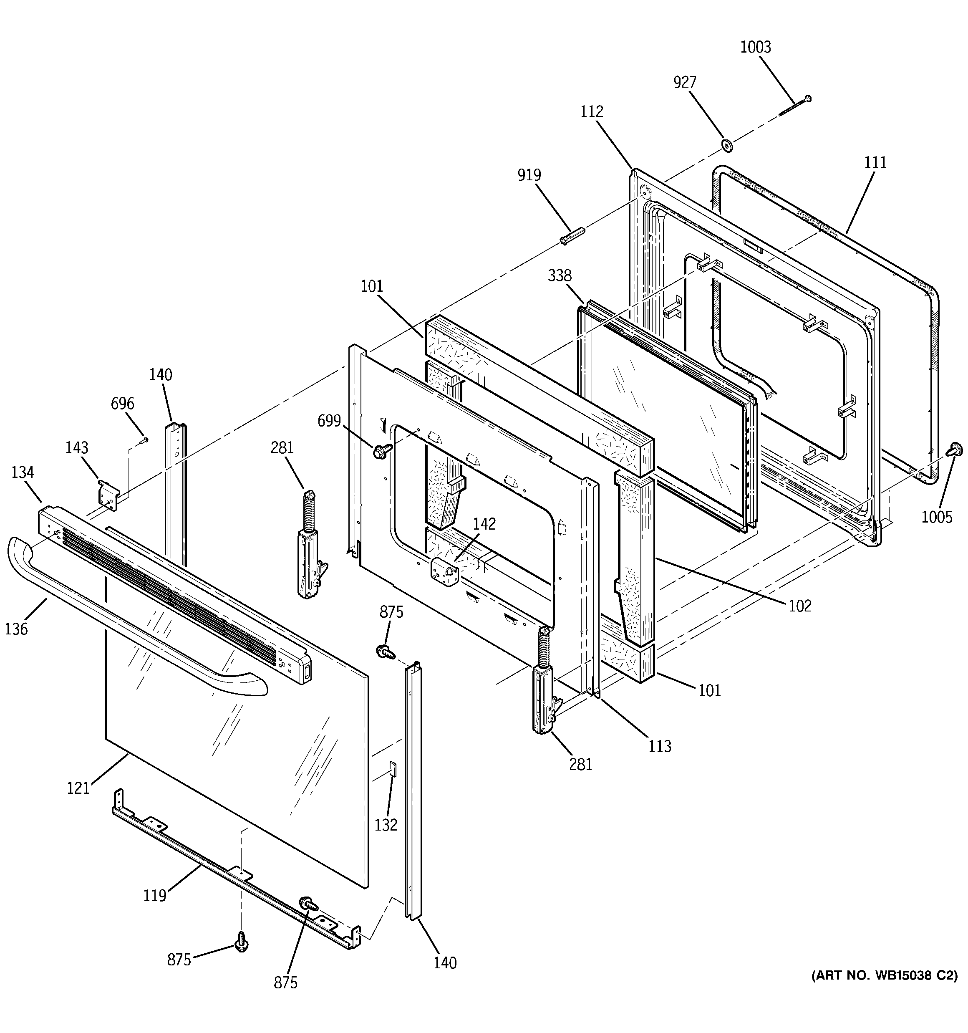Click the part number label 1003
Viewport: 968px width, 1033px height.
point(756,47)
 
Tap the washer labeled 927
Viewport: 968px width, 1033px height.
point(727,146)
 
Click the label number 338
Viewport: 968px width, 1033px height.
point(560,275)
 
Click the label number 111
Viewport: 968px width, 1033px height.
point(875,163)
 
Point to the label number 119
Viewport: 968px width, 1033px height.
point(155,896)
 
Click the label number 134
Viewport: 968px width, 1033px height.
point(23,472)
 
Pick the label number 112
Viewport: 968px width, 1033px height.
point(592,112)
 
